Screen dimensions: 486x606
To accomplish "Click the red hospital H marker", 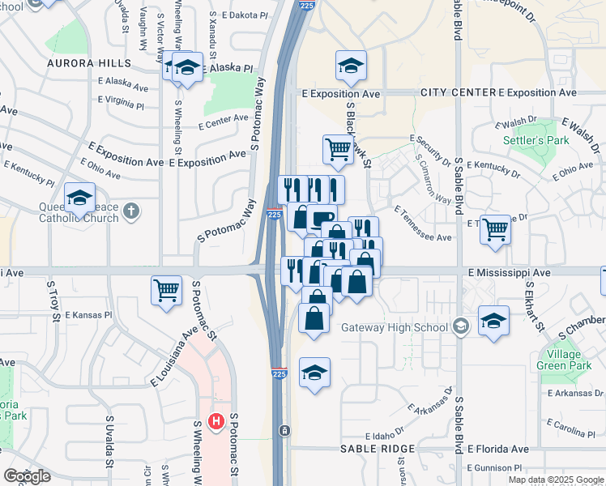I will click(x=216, y=421).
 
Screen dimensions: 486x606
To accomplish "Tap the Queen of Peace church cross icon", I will click(x=132, y=212).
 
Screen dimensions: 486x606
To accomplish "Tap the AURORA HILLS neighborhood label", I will click(x=88, y=63).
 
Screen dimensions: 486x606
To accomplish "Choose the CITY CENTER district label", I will click(x=456, y=93).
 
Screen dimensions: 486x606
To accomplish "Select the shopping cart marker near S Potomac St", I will click(x=166, y=289).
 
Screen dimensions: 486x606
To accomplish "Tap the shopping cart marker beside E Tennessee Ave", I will click(x=495, y=228).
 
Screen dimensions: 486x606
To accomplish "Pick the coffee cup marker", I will click(x=322, y=217).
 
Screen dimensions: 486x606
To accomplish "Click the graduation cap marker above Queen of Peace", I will click(x=80, y=197).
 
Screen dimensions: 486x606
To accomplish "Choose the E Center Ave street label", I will click(x=224, y=122).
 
